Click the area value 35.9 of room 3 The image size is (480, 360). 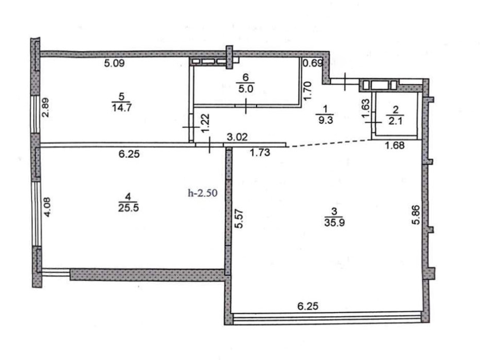click(334, 223)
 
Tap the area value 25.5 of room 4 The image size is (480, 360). click(128, 208)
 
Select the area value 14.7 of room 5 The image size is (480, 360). click(122, 108)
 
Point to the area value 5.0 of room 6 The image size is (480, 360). click(246, 89)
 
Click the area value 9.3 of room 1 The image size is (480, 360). click(326, 120)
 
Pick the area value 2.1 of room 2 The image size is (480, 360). click(395, 120)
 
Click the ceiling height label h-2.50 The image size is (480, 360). click(203, 193)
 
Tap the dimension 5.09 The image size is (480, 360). click(114, 63)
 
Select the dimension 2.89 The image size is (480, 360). click(46, 107)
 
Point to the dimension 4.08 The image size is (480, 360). click(47, 207)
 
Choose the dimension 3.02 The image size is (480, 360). click(237, 137)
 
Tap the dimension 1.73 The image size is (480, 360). click(260, 152)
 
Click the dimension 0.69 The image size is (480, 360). click(313, 63)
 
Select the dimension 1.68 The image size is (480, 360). click(394, 145)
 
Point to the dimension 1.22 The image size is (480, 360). click(206, 124)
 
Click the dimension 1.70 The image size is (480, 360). click(308, 90)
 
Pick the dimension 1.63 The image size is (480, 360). click(366, 109)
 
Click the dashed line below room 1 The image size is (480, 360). click(329, 143)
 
